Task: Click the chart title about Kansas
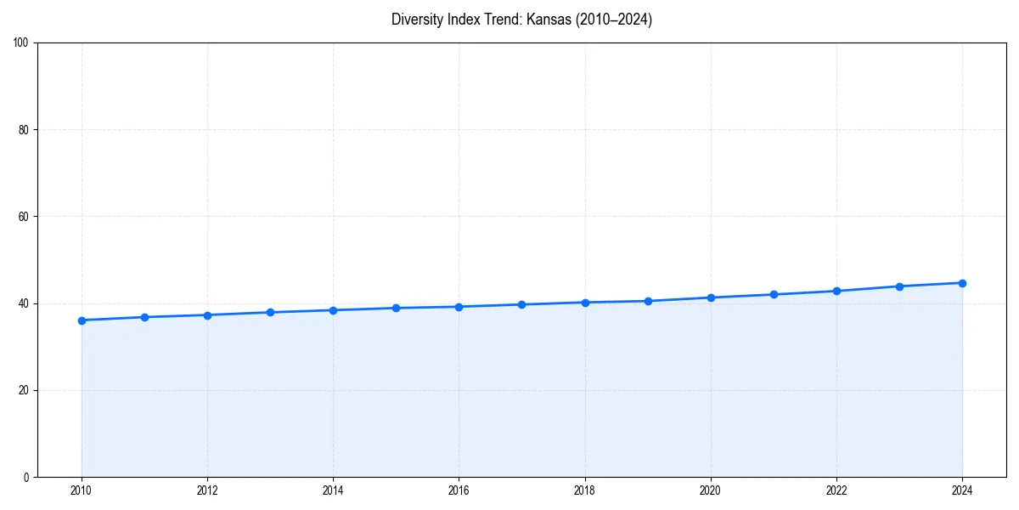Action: click(x=521, y=20)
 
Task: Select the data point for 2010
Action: click(x=82, y=320)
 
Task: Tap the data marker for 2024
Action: click(x=962, y=283)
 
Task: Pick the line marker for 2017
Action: click(x=521, y=304)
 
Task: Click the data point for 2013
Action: click(x=270, y=312)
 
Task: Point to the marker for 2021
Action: click(x=774, y=294)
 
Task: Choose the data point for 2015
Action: click(x=396, y=308)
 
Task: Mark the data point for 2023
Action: click(x=899, y=286)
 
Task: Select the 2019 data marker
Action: click(x=648, y=301)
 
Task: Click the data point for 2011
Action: click(x=144, y=317)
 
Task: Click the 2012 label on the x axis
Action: click(x=207, y=490)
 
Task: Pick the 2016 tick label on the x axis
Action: click(x=459, y=490)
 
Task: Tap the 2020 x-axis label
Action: click(x=711, y=490)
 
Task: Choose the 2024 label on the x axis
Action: click(x=962, y=490)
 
